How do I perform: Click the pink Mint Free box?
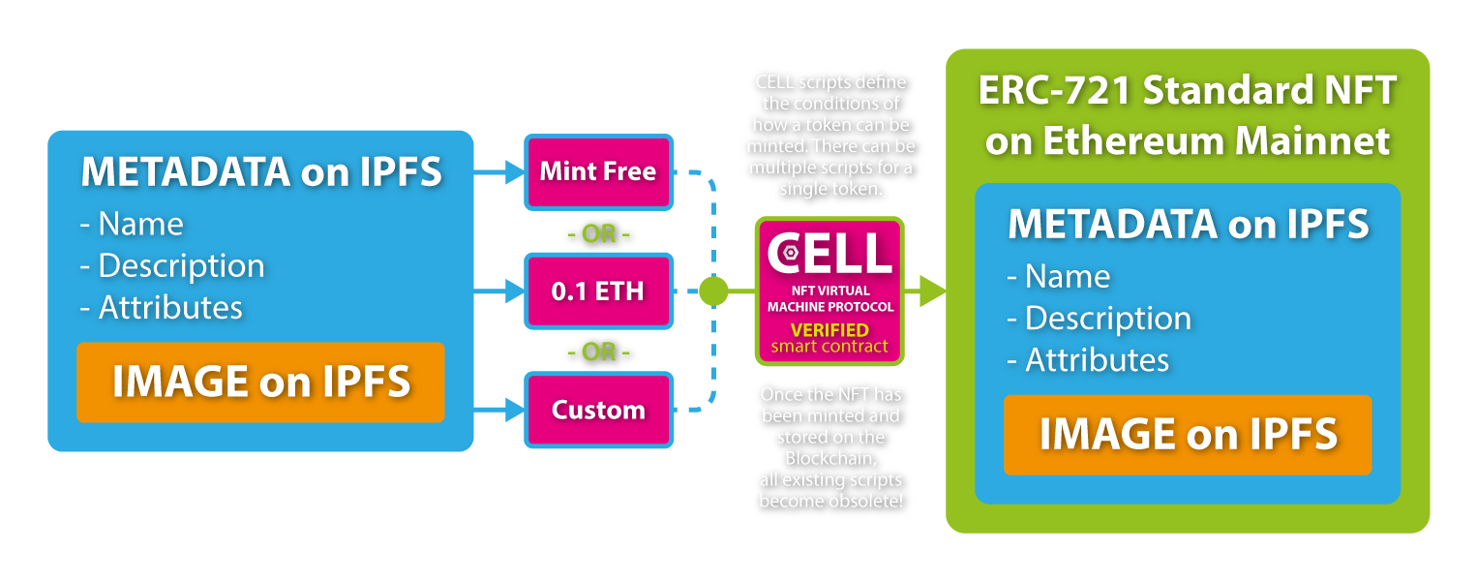(598, 172)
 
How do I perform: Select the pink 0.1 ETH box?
(598, 291)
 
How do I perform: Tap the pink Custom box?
(598, 410)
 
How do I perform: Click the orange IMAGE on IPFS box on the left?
(260, 382)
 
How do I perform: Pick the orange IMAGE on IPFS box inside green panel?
(1188, 435)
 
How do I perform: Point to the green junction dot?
(713, 290)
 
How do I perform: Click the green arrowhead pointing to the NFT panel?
(931, 291)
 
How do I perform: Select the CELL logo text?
(829, 251)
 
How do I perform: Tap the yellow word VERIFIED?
(829, 330)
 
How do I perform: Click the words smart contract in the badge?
(829, 347)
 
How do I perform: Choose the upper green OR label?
(598, 234)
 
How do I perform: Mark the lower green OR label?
(598, 352)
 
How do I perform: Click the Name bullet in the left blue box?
(132, 224)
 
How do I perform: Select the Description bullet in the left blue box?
(172, 265)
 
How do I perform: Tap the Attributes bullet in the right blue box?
(1088, 360)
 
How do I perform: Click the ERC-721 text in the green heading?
(1056, 91)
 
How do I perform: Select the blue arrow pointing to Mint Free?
(498, 172)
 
